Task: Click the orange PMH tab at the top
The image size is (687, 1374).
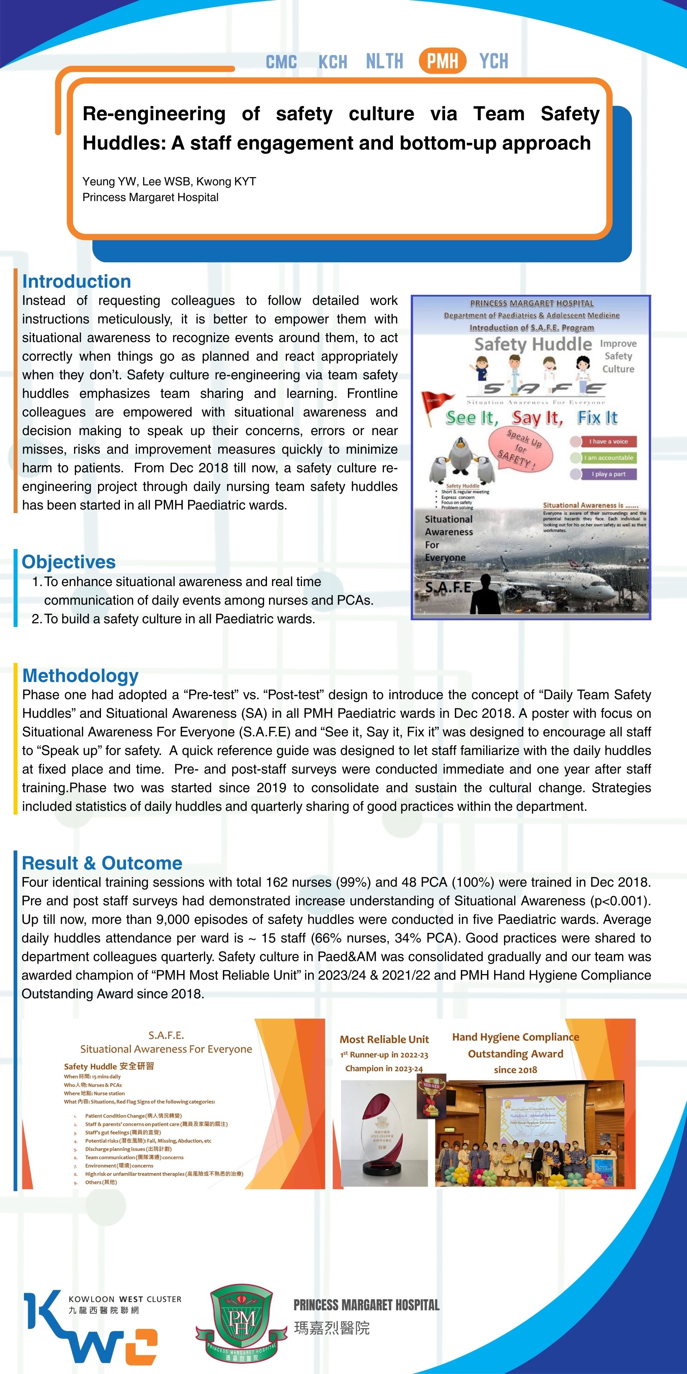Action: click(x=442, y=61)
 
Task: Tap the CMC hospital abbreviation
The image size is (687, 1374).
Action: click(x=281, y=62)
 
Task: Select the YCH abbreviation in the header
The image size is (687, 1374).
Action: click(x=493, y=61)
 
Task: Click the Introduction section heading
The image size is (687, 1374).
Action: click(x=76, y=281)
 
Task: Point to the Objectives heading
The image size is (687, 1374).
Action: click(x=68, y=562)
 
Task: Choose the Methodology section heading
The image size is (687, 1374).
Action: click(x=80, y=675)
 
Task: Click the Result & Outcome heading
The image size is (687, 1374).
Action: click(x=102, y=862)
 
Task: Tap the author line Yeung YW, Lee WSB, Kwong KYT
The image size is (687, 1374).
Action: click(x=169, y=181)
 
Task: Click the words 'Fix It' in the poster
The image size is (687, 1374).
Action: click(x=598, y=418)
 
